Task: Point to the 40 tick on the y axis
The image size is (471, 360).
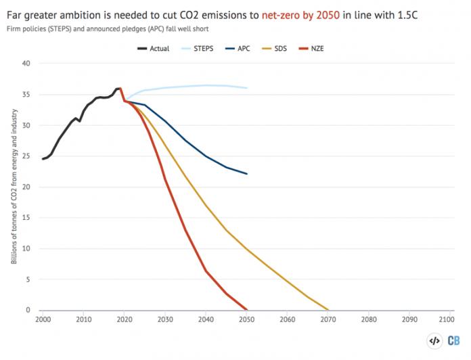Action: coord(27,64)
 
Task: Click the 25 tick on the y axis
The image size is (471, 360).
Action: coord(27,156)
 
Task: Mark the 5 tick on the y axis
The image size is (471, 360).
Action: coord(29,279)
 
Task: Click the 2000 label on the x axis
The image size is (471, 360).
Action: coord(43,318)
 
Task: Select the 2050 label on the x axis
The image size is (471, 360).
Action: coord(246,318)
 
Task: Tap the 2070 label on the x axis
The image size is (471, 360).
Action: coord(328,318)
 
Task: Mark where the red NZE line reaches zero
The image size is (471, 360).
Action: coord(246,310)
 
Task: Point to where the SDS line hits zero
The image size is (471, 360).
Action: coord(328,310)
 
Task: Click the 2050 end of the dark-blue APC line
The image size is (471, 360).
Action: coord(246,174)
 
